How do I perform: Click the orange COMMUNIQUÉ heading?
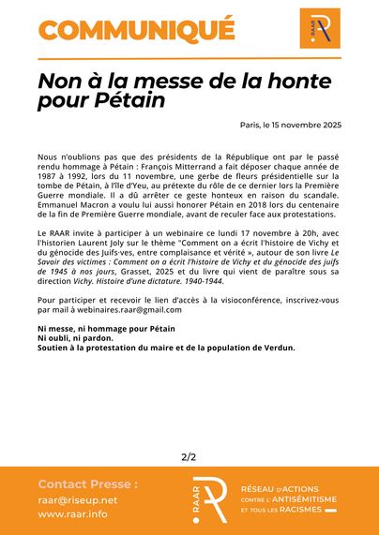(136, 29)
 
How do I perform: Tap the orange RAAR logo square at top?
(320, 29)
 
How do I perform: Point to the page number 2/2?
(189, 457)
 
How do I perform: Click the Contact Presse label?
(88, 484)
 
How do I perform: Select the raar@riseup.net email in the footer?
(78, 500)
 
